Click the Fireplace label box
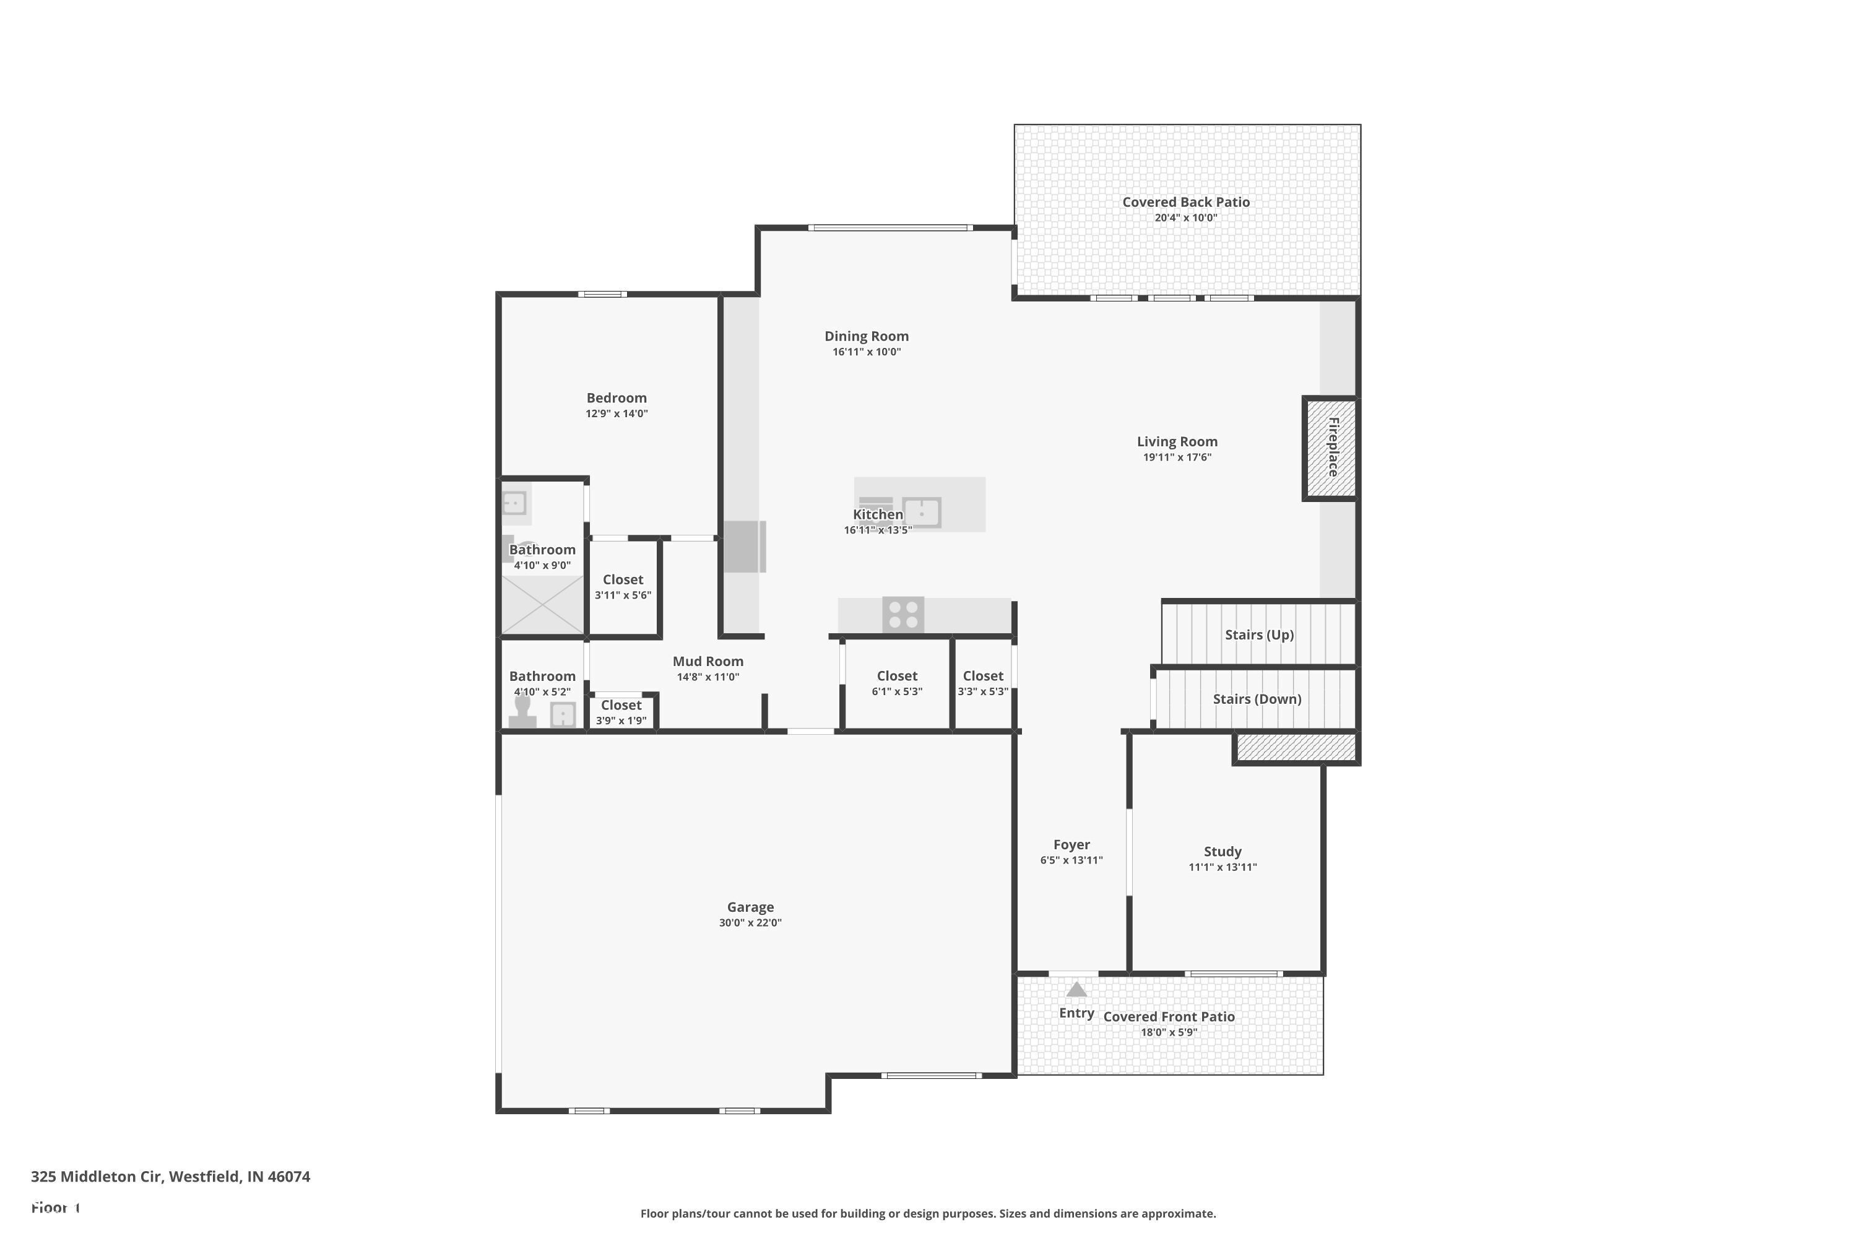(x=1332, y=448)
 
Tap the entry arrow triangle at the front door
(x=1076, y=990)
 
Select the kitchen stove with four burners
(x=903, y=615)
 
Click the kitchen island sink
(x=922, y=513)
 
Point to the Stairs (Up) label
(x=1258, y=635)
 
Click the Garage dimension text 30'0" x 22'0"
(x=750, y=923)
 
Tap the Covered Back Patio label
(x=1185, y=202)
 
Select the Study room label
(x=1222, y=851)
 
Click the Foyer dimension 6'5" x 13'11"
(x=1071, y=860)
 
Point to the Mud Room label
(x=708, y=662)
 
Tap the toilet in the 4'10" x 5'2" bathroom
(x=522, y=712)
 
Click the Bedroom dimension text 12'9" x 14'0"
(x=616, y=413)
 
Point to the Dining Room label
(x=866, y=336)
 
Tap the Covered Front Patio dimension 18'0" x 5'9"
(x=1169, y=1032)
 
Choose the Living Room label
(x=1177, y=442)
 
